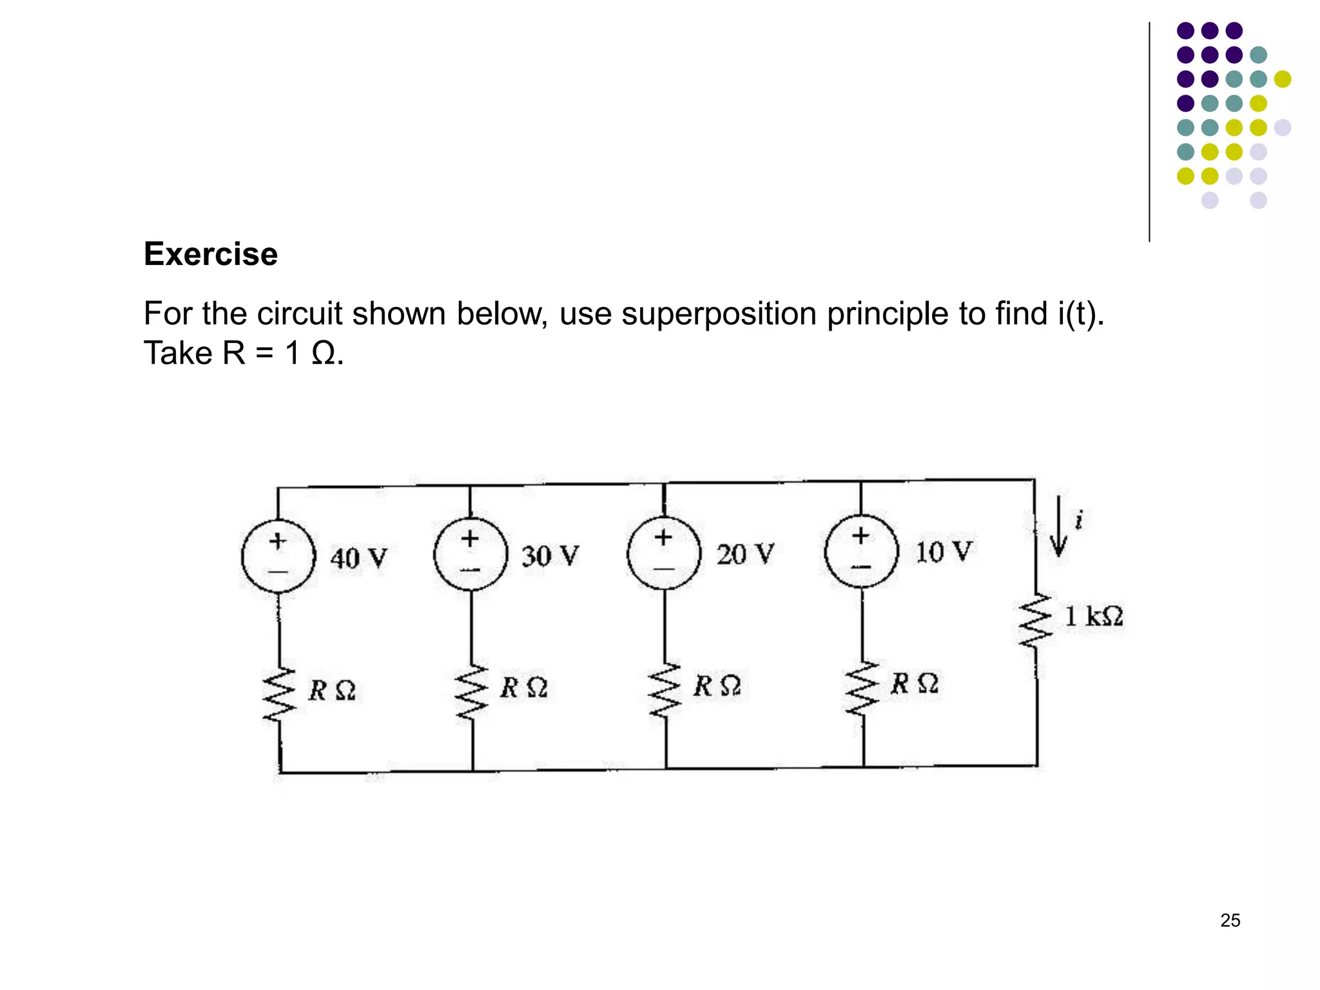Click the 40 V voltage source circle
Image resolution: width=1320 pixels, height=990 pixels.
278,556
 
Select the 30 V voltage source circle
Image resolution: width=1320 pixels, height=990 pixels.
471,554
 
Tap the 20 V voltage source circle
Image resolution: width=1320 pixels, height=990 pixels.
664,552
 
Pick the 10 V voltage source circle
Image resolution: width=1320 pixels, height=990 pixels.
861,550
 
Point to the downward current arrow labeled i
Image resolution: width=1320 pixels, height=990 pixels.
1058,527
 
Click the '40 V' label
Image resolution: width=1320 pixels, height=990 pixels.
359,558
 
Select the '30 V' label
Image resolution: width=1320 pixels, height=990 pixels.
550,556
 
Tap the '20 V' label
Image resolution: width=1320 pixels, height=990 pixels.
745,554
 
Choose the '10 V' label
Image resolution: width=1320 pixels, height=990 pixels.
943,552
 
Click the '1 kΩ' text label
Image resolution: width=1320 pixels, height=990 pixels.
1094,617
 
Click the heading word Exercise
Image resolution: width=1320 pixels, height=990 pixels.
211,254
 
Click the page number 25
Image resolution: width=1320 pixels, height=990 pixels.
1230,920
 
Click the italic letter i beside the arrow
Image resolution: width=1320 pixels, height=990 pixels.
1079,519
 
